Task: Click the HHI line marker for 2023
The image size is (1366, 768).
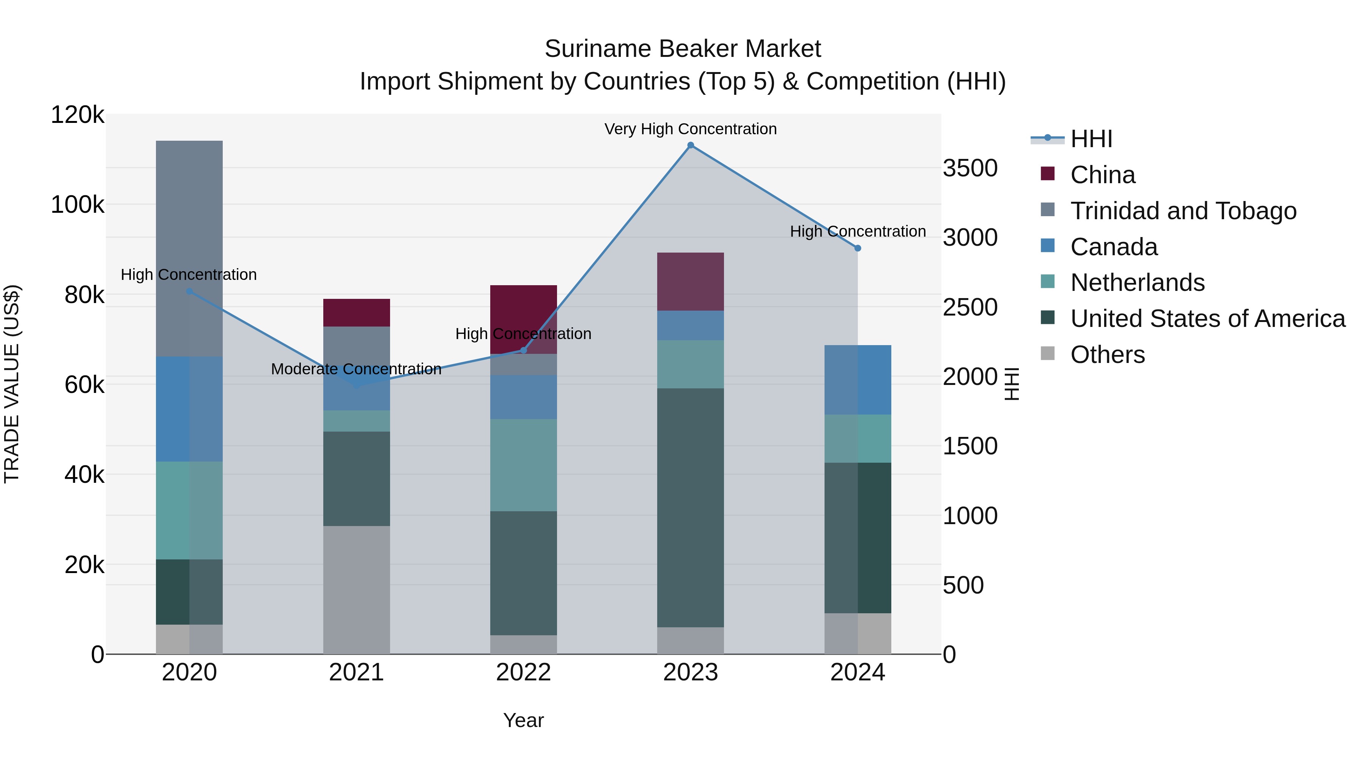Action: (x=691, y=145)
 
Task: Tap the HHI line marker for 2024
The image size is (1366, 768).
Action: (x=858, y=248)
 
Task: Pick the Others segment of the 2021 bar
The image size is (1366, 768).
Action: (x=356, y=589)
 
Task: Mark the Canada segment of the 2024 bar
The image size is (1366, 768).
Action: (x=858, y=380)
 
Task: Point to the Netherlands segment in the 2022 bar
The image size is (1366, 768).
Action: (x=523, y=465)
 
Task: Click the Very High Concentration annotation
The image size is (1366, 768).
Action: (x=691, y=129)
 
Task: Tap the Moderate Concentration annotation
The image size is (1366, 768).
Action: (x=356, y=369)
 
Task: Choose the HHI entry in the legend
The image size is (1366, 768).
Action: (x=1091, y=139)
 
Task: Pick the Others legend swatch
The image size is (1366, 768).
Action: (x=1048, y=353)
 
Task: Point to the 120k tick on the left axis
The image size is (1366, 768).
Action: (x=77, y=115)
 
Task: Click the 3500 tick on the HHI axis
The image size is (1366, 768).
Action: (x=970, y=168)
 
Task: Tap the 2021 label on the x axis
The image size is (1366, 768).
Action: (x=356, y=672)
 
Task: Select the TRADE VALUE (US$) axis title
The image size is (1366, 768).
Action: (x=12, y=384)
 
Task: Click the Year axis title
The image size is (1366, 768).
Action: (x=523, y=720)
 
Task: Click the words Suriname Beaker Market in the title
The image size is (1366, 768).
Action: (x=683, y=49)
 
